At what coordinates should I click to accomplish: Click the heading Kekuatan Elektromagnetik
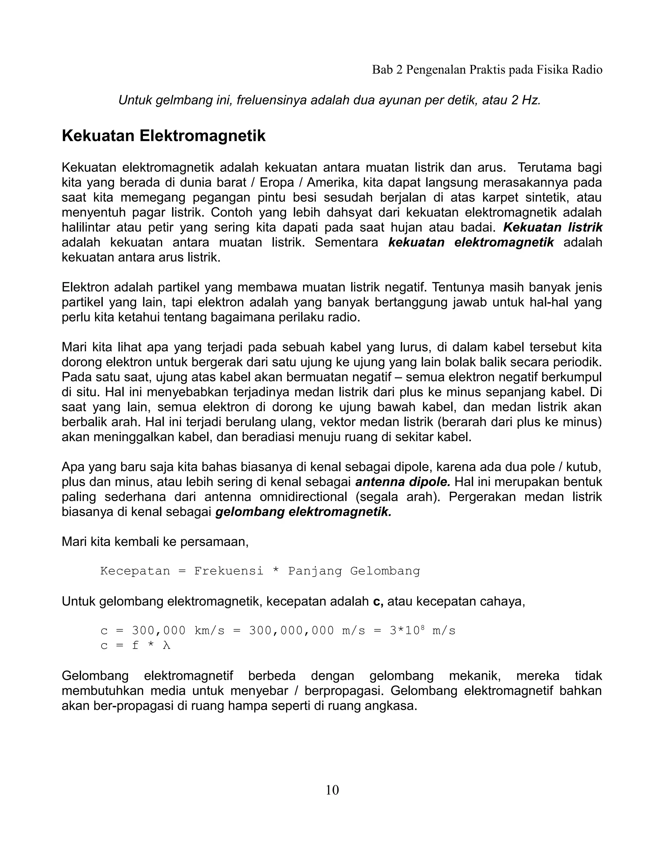164,136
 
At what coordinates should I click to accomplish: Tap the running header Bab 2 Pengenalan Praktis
487,70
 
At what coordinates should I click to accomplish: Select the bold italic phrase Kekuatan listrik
553,227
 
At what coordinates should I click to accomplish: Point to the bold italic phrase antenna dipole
403,482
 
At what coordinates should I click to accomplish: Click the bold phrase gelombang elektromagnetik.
303,512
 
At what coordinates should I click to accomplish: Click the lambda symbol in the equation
167,645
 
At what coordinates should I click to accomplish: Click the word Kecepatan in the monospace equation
135,571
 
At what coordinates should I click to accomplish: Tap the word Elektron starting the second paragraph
86,287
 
